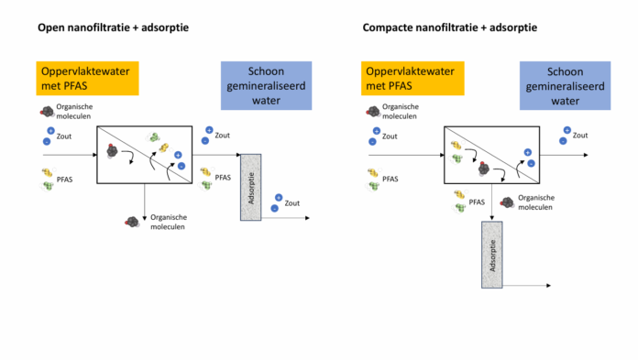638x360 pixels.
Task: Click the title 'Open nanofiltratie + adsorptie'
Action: [113, 27]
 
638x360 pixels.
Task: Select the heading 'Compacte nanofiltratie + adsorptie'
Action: [449, 27]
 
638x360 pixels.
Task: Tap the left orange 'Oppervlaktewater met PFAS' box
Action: [87, 79]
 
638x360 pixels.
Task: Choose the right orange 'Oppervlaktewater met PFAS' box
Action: [412, 79]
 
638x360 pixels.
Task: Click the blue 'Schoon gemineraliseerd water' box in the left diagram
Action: [266, 86]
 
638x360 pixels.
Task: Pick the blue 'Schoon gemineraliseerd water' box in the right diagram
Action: [565, 86]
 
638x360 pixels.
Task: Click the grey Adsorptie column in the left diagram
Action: [250, 188]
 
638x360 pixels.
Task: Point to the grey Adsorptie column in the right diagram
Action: [492, 255]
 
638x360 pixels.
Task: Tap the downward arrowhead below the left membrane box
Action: [145, 218]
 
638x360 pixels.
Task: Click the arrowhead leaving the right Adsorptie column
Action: [548, 286]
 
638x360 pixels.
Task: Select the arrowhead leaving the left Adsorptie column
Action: [307, 218]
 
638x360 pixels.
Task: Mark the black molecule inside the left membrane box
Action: [112, 151]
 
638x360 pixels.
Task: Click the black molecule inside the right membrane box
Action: [484, 168]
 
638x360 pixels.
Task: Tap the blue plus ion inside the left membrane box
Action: [178, 155]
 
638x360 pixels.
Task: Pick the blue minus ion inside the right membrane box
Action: [531, 164]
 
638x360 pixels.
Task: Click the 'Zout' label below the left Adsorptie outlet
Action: [292, 203]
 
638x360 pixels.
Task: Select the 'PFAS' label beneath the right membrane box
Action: [477, 202]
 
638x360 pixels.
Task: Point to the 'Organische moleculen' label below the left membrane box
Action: [169, 222]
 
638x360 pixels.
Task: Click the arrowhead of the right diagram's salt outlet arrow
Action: [586, 155]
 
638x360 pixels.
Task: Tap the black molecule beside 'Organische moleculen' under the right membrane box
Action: [507, 202]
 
